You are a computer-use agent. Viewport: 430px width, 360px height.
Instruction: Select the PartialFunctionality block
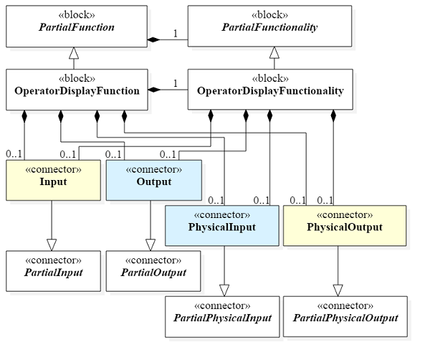click(x=271, y=27)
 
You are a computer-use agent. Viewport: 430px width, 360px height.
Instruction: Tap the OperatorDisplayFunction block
click(x=77, y=90)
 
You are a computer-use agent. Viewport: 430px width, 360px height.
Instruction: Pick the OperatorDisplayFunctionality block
click(x=271, y=90)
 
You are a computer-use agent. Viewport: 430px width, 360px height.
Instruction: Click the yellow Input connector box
click(x=52, y=180)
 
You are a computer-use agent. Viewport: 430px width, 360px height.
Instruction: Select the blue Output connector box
click(x=153, y=180)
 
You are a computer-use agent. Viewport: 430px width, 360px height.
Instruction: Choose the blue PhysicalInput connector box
click(x=221, y=226)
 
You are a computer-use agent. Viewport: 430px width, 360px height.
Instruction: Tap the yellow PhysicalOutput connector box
click(x=345, y=226)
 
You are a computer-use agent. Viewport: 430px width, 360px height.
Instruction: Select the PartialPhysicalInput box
click(x=221, y=316)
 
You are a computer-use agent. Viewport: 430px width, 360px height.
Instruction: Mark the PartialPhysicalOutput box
click(x=345, y=316)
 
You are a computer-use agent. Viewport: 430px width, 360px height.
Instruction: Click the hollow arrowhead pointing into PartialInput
click(x=52, y=244)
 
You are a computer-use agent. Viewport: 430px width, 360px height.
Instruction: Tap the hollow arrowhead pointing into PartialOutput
click(x=150, y=244)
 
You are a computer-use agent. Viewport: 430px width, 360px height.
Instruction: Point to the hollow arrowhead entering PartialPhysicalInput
click(x=224, y=290)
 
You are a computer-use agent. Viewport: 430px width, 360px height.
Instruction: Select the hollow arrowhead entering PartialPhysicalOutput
click(x=338, y=290)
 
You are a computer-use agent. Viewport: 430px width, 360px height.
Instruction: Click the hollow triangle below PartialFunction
click(x=75, y=52)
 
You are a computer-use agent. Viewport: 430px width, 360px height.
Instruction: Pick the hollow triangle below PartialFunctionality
click(x=272, y=52)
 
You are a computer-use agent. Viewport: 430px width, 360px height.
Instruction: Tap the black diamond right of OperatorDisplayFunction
click(x=154, y=90)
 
